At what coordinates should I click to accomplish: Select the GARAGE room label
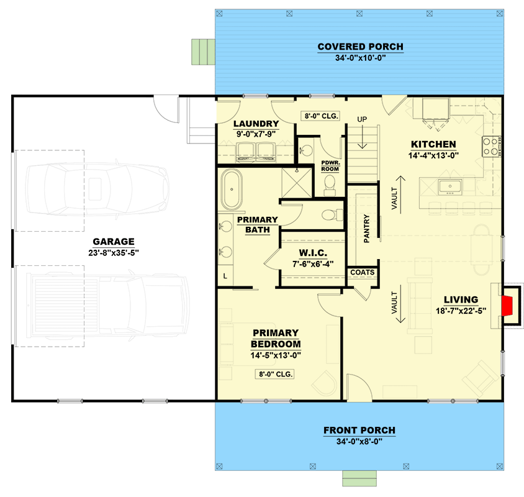[x=114, y=242]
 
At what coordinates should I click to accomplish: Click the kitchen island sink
[x=448, y=186]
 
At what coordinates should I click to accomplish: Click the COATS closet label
[x=361, y=272]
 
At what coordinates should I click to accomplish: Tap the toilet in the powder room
[x=330, y=184]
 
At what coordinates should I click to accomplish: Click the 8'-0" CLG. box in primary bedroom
[x=274, y=374]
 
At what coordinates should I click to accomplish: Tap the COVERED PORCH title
[x=360, y=47]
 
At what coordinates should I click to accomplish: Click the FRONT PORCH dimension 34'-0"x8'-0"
[x=359, y=441]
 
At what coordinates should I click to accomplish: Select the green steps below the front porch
[x=359, y=477]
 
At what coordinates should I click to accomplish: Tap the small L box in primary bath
[x=224, y=275]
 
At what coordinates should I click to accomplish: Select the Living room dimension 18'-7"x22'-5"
[x=460, y=311]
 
